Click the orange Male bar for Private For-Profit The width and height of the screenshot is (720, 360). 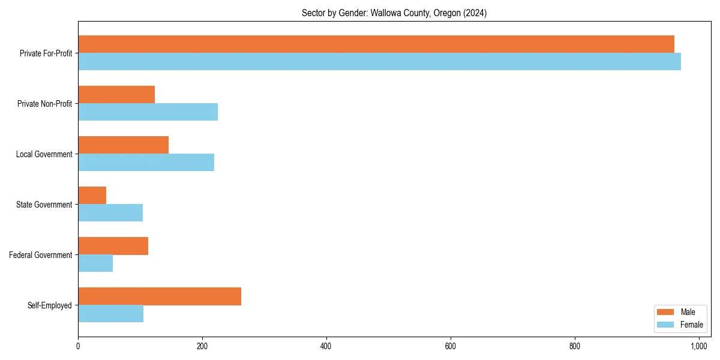(376, 44)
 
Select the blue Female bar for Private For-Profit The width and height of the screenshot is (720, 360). (379, 62)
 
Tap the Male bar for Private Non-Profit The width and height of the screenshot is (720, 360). (116, 95)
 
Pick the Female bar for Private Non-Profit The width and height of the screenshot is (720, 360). (148, 112)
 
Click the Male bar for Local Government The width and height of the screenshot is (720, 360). (123, 145)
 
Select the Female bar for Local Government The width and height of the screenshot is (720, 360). (146, 163)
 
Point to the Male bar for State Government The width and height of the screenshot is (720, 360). (92, 196)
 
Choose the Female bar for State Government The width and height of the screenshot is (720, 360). (110, 213)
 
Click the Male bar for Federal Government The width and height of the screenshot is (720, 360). (113, 246)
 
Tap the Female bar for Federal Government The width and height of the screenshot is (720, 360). (95, 263)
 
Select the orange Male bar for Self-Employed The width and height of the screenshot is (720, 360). (160, 296)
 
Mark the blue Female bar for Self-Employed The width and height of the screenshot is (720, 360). (110, 314)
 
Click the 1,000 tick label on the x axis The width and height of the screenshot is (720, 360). (699, 346)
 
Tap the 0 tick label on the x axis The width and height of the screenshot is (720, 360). (78, 346)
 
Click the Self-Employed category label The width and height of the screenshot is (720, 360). (50, 305)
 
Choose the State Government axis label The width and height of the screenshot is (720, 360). (44, 205)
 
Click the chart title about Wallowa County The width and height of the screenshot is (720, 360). (394, 13)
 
